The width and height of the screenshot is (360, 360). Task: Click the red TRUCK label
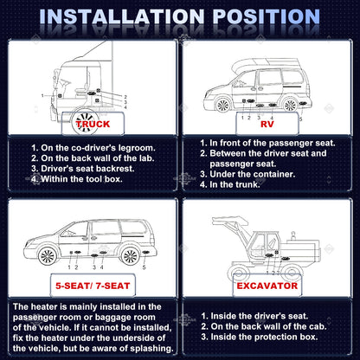(x=93, y=124)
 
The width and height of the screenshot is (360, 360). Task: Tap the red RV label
(x=267, y=124)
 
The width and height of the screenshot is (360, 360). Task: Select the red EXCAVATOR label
(x=267, y=286)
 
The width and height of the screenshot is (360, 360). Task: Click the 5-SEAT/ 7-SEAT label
(x=93, y=286)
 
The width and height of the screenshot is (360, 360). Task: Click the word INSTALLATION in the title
(x=122, y=16)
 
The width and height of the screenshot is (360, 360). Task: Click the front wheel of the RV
(x=222, y=105)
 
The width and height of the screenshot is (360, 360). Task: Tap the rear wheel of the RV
(x=290, y=105)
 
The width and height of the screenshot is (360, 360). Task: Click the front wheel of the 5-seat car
(x=48, y=256)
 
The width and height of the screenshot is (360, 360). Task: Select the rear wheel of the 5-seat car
(x=130, y=256)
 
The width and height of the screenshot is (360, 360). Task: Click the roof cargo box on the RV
(x=266, y=65)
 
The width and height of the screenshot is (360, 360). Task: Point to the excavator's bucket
(x=230, y=222)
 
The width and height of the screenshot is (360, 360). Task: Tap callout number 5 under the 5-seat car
(x=144, y=267)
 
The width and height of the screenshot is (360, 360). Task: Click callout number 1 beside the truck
(x=42, y=95)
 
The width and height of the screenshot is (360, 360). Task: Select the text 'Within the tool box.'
(x=81, y=179)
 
